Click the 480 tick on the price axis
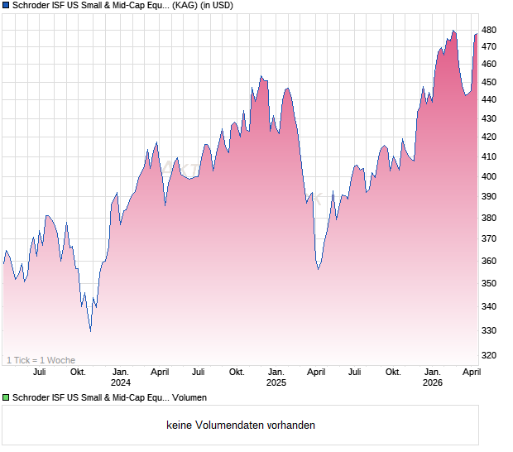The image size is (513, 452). click(489, 30)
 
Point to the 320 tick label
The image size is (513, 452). click(489, 355)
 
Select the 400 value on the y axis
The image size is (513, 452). click(489, 176)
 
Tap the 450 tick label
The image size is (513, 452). click(489, 82)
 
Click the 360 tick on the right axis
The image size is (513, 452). click(489, 261)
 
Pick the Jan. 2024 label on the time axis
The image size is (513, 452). click(121, 377)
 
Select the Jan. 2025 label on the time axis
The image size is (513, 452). click(276, 377)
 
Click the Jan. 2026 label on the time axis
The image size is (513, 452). click(433, 377)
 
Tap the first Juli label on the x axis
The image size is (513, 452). click(39, 372)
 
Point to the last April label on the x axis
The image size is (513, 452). click(472, 372)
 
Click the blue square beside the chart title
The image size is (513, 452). click(6, 5)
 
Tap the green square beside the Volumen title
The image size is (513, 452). click(6, 398)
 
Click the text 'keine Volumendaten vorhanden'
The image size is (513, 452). click(241, 426)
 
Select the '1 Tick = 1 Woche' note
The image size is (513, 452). click(41, 360)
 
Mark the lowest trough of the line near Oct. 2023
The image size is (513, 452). click(90, 331)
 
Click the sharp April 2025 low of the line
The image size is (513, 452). click(319, 269)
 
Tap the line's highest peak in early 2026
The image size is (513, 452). click(453, 31)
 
